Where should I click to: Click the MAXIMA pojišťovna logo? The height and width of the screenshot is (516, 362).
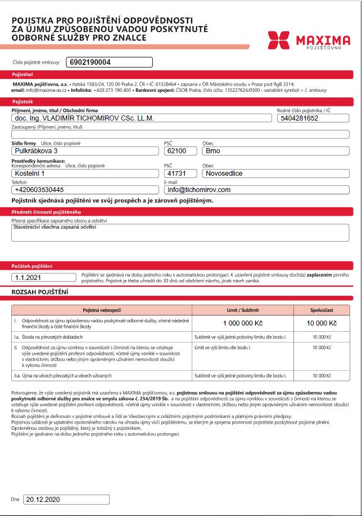[x=309, y=41]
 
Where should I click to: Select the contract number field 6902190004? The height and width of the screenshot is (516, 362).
[x=109, y=62]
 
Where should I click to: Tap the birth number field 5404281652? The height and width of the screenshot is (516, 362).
[x=313, y=118]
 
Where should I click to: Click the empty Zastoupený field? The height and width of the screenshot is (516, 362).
[x=180, y=134]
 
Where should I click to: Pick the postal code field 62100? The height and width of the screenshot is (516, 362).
[x=180, y=151]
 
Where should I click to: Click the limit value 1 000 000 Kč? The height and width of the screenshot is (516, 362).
[x=243, y=323]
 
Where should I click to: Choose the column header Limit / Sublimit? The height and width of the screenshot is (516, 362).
[x=243, y=310]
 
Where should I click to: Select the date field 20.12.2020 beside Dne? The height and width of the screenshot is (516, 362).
[x=67, y=499]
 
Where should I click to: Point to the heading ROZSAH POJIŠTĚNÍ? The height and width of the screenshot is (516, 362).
[x=40, y=291]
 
